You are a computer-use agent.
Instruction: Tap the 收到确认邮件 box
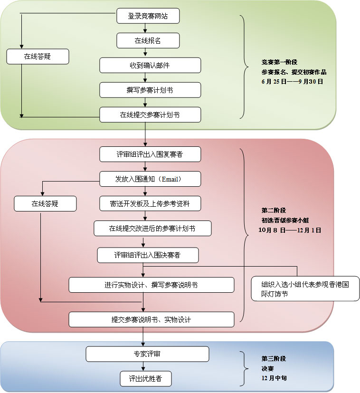[x=150, y=66]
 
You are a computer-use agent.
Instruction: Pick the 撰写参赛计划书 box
[x=150, y=90]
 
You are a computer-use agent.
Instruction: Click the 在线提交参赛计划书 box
[x=150, y=115]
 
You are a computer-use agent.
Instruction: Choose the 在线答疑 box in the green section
[x=38, y=57]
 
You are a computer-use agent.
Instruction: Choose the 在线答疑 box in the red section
[x=45, y=204]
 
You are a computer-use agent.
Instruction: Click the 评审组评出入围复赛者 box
[x=150, y=154]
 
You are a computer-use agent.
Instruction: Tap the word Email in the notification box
[x=171, y=179]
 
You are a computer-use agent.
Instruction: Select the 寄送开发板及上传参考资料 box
[x=150, y=204]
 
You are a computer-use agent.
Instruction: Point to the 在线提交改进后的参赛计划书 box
[x=152, y=229]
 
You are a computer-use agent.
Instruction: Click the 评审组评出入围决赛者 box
[x=148, y=255]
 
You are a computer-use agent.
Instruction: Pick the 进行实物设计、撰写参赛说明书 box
[x=152, y=285]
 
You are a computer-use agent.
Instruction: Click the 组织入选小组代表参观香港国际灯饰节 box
[x=305, y=289]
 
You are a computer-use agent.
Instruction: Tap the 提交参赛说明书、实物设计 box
[x=152, y=319]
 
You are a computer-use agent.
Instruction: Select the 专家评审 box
[x=147, y=354]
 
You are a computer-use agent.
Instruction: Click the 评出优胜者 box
[x=144, y=379]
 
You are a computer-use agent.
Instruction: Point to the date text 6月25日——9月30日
[x=292, y=82]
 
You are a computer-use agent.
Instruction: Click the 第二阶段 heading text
[x=274, y=210]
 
